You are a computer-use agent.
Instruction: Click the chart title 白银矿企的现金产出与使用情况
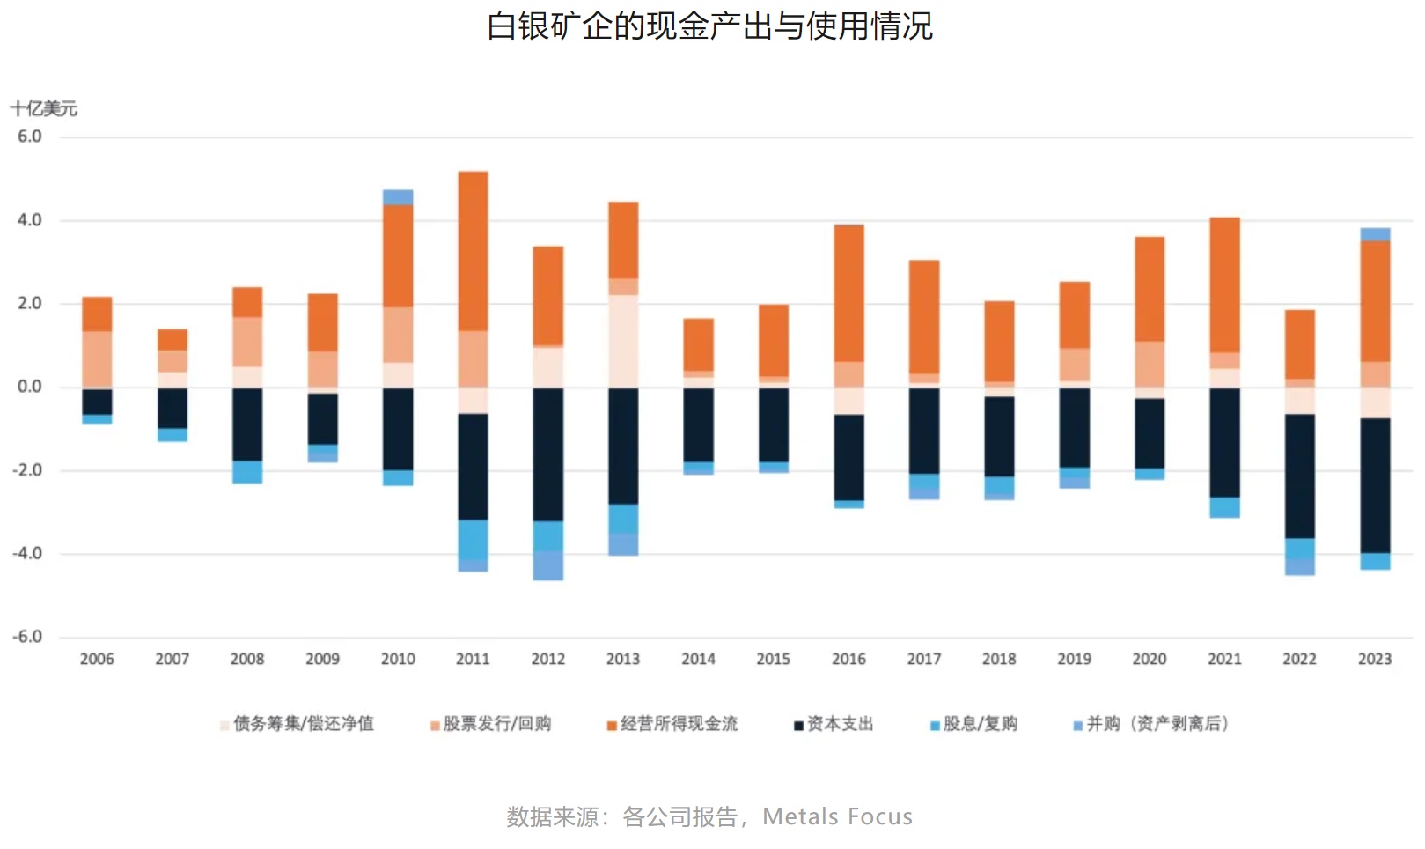click(x=710, y=26)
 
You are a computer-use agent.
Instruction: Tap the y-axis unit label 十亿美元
click(x=44, y=108)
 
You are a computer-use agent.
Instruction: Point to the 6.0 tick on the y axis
click(x=30, y=137)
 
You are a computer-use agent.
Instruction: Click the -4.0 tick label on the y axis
click(x=27, y=553)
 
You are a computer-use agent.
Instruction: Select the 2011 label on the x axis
click(x=473, y=659)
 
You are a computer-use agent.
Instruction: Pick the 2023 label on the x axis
click(x=1374, y=659)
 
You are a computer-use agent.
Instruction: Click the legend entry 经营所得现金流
click(x=678, y=724)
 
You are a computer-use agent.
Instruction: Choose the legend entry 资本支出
click(x=839, y=724)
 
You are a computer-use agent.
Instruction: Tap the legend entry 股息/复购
click(x=979, y=724)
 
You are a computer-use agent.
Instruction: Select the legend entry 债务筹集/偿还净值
click(x=303, y=724)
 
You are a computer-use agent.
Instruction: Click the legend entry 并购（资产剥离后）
click(x=1156, y=724)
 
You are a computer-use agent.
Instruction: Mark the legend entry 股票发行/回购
click(x=496, y=724)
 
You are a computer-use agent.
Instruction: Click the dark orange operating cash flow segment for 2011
click(x=474, y=251)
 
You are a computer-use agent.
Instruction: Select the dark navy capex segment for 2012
click(x=548, y=454)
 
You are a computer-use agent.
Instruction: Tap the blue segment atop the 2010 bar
click(x=398, y=197)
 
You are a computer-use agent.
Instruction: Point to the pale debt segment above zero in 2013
click(x=623, y=341)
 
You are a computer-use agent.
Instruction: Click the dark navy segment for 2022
click(x=1300, y=476)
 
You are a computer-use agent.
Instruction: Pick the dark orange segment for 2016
click(x=849, y=293)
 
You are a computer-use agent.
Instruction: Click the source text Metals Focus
click(x=837, y=817)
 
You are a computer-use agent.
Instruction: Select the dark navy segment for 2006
click(x=97, y=402)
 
